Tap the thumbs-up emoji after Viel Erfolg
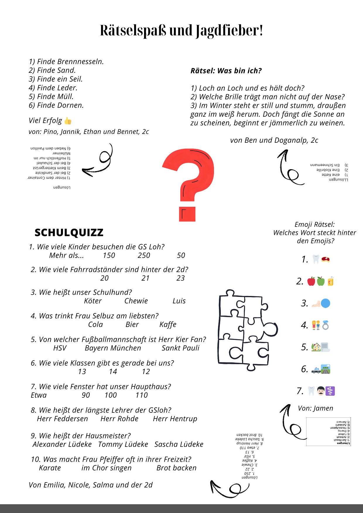point(68,121)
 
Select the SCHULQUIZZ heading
point(69,233)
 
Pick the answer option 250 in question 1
point(144,255)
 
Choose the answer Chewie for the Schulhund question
point(136,301)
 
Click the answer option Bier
point(132,325)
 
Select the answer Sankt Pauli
point(180,348)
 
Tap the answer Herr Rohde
point(119,419)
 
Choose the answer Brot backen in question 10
point(176,468)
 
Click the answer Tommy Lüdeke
point(123,445)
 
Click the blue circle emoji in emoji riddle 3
point(326,303)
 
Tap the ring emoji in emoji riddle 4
point(326,325)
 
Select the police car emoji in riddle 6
point(316,370)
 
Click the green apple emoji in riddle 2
point(321,281)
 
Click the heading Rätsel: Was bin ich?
point(226,71)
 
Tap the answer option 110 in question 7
point(142,395)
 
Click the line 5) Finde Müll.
point(51,97)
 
